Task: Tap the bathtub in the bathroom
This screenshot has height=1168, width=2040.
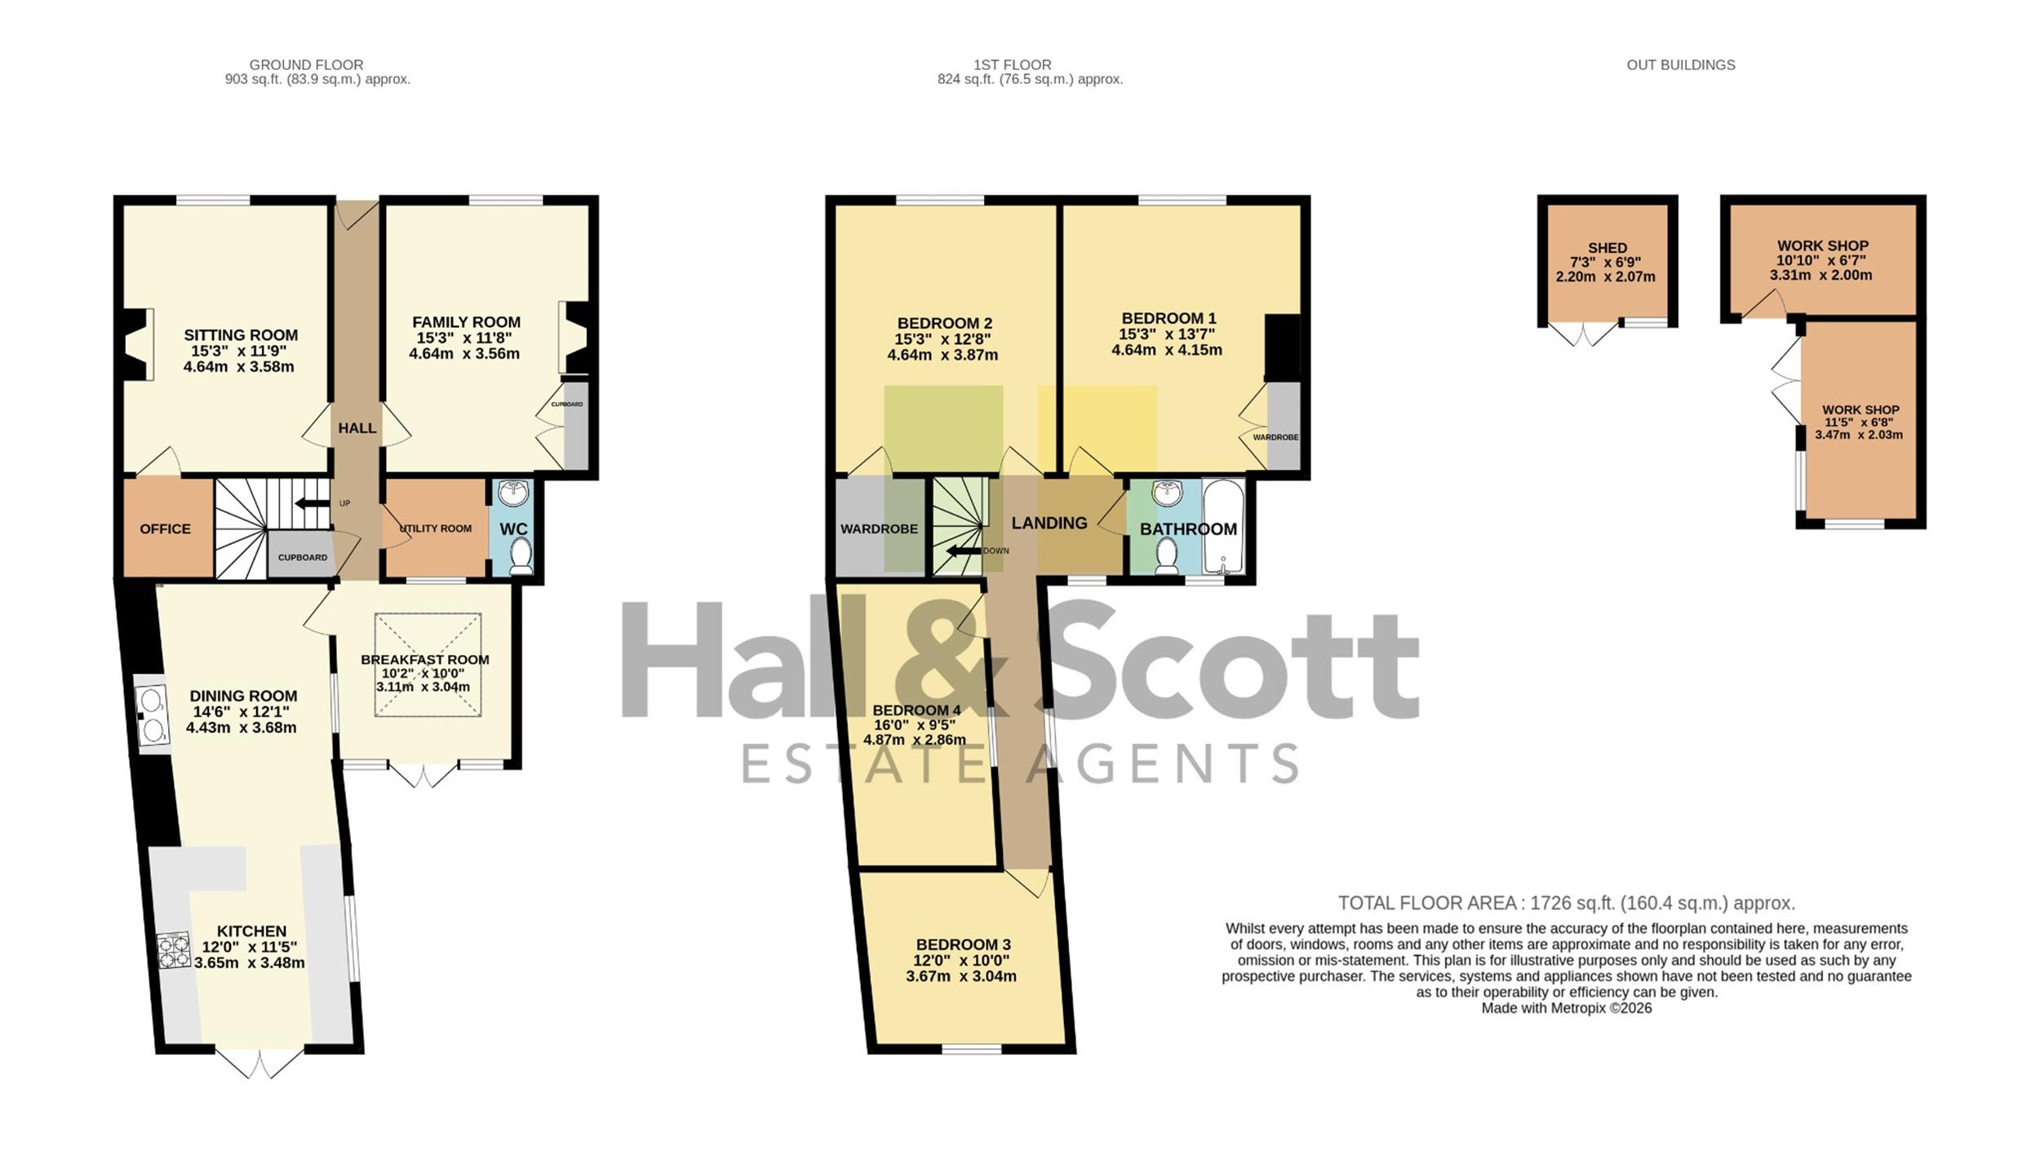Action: (x=1223, y=526)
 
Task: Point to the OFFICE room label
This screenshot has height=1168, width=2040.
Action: (x=166, y=529)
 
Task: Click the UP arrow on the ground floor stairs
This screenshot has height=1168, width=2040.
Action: (x=312, y=503)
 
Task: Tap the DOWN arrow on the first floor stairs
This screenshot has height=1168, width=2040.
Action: (x=964, y=551)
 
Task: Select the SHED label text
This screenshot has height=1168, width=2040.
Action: (x=1608, y=248)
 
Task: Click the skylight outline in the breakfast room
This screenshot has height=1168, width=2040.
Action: (x=428, y=665)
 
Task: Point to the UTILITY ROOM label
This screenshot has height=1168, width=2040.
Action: (x=436, y=529)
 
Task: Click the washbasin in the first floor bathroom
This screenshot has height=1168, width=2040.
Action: (x=1168, y=493)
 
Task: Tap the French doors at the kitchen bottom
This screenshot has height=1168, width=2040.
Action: (x=259, y=1063)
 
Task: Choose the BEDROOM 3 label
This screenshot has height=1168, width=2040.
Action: (x=963, y=945)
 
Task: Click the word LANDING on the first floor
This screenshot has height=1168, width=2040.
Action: (x=1049, y=523)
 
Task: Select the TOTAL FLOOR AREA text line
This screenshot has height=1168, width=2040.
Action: (x=1566, y=903)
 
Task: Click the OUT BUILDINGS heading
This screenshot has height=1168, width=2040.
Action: (x=1681, y=64)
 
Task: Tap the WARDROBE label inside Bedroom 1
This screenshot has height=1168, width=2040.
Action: (x=1275, y=437)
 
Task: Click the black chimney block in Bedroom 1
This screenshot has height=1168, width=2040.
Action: (x=1282, y=348)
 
